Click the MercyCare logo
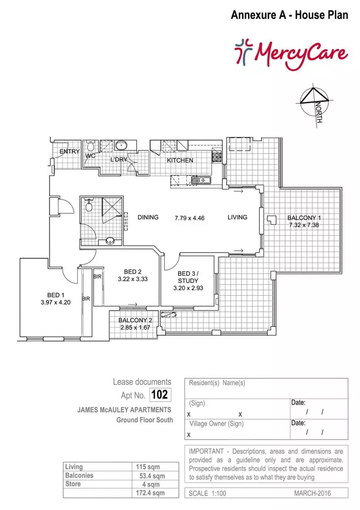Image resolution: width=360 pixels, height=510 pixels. (291, 53)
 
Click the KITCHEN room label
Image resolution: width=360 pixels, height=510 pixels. (180, 161)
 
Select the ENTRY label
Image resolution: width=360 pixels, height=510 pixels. (69, 151)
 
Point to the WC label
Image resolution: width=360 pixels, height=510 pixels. (91, 155)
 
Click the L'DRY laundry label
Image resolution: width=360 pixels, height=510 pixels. (119, 160)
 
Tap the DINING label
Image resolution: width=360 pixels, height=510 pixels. (148, 218)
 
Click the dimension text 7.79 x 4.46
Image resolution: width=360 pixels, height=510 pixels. (189, 218)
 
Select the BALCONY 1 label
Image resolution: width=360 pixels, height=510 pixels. (304, 218)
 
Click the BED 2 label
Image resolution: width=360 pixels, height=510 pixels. (133, 272)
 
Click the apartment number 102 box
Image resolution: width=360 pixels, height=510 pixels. (159, 394)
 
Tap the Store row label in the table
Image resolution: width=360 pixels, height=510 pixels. (73, 484)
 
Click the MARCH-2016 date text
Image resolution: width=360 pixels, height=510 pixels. (312, 493)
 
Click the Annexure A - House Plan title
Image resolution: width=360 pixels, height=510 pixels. (289, 15)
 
